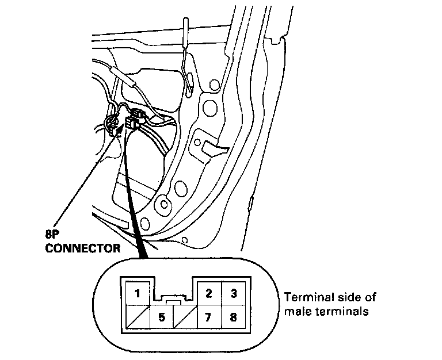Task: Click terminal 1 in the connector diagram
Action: tap(136, 293)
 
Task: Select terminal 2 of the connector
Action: tap(209, 293)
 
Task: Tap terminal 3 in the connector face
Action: tap(234, 293)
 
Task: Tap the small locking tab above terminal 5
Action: tap(173, 300)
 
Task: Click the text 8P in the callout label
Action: tap(52, 234)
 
